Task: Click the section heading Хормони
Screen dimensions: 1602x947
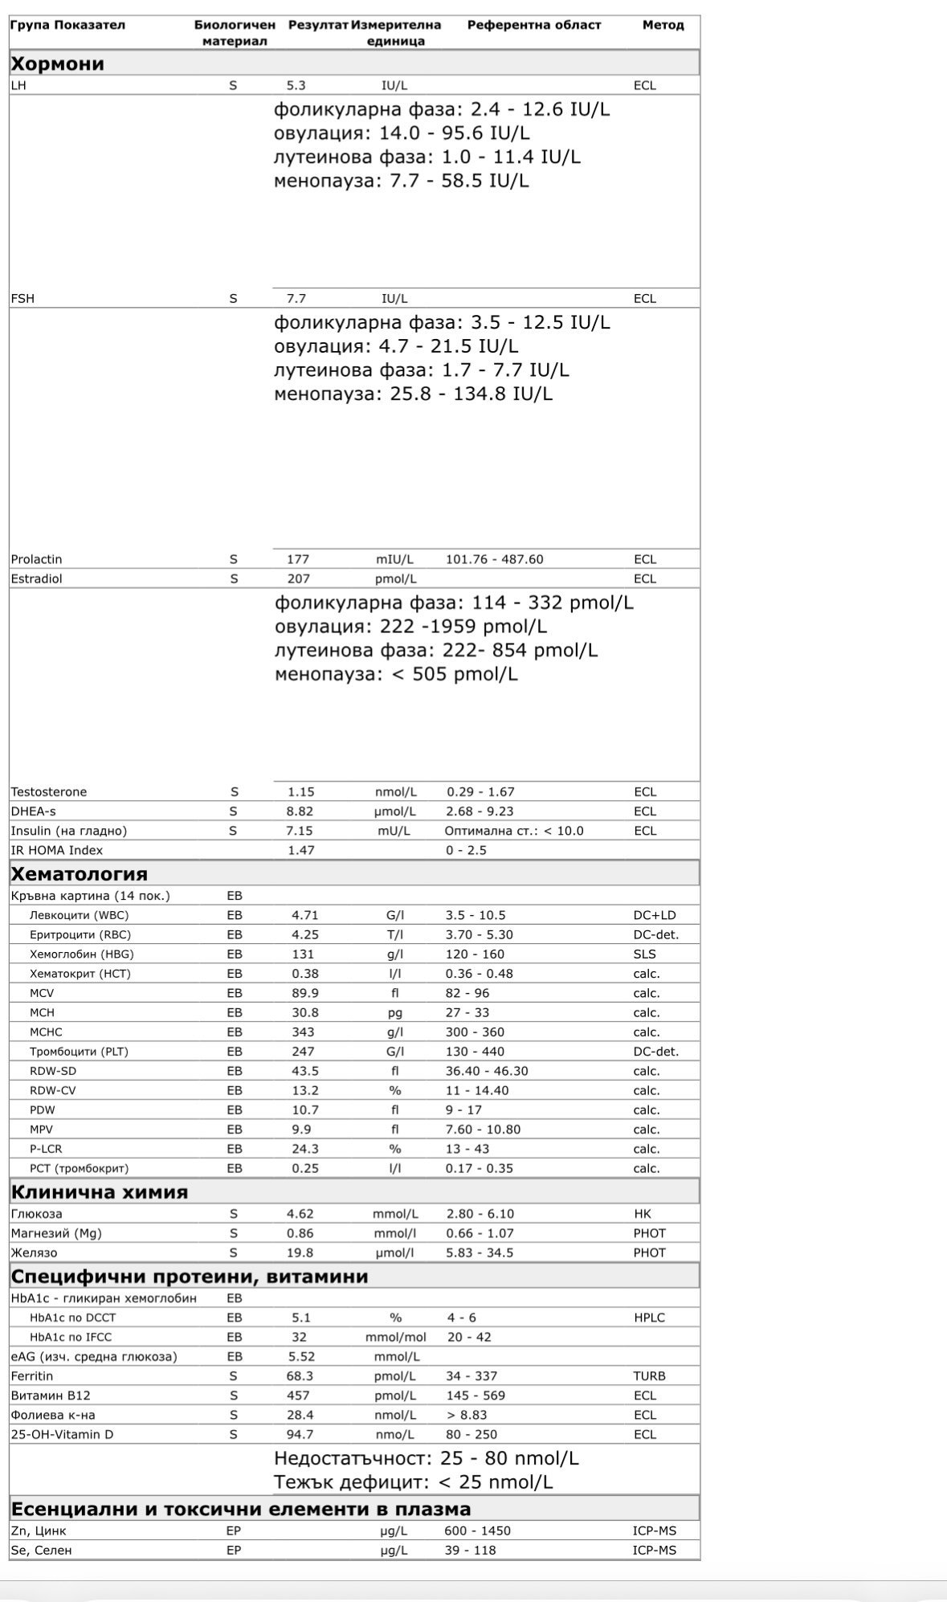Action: (x=58, y=63)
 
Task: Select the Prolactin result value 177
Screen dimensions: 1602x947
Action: (x=298, y=559)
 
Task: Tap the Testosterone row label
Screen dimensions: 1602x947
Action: (x=49, y=791)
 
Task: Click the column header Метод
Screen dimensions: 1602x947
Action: (x=663, y=25)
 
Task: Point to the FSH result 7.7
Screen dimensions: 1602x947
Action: (x=296, y=298)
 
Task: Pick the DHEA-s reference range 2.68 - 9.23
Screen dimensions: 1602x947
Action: (x=480, y=811)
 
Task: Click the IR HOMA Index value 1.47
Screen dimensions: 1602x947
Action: (x=301, y=850)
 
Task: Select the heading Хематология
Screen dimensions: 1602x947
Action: (x=79, y=873)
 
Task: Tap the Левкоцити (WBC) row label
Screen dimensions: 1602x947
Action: (x=79, y=915)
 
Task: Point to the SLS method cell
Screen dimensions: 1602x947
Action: (x=644, y=954)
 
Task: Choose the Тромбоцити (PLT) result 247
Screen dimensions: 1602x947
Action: (x=303, y=1052)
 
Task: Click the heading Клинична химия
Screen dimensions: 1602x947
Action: (x=100, y=1191)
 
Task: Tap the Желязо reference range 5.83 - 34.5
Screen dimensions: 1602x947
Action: (x=480, y=1253)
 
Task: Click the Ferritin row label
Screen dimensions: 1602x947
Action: (x=32, y=1376)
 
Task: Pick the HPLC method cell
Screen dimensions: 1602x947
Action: (x=649, y=1318)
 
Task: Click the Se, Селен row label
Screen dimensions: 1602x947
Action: (x=41, y=1550)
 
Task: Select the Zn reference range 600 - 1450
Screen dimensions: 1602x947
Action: (x=477, y=1530)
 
